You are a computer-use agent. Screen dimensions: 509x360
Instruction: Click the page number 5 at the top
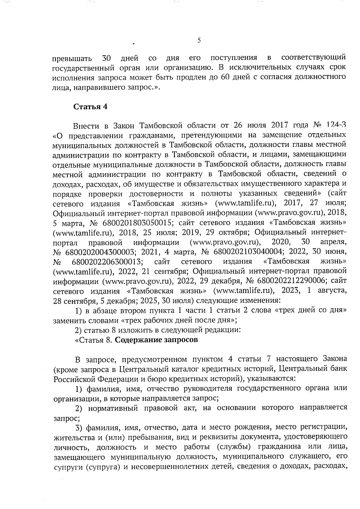click(x=199, y=40)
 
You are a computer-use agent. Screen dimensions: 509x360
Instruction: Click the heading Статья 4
click(x=90, y=107)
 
